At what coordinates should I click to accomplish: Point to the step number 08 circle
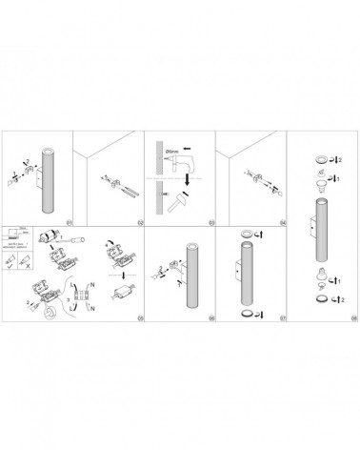(x=353, y=317)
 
